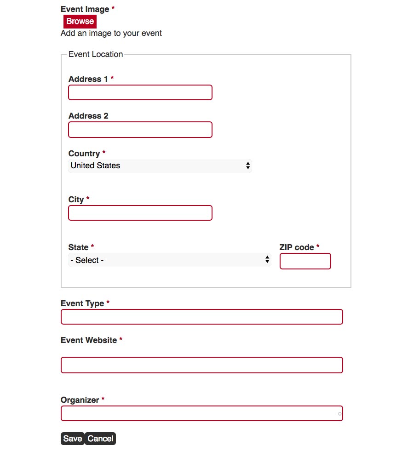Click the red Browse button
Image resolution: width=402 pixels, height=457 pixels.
80,21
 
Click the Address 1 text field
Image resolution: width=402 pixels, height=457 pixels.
140,92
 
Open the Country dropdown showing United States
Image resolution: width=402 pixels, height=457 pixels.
160,166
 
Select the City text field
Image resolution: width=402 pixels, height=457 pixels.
140,213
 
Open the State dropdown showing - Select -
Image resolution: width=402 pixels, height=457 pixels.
170,260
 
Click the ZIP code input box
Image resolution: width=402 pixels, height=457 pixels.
305,261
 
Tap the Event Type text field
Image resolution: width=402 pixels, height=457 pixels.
202,317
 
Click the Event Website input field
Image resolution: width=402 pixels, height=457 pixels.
202,365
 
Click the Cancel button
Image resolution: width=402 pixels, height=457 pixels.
100,439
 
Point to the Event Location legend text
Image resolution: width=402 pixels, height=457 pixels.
96,54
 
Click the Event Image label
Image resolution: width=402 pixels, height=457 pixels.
85,9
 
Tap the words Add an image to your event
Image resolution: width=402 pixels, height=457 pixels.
111,33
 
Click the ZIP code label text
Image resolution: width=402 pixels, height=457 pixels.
297,247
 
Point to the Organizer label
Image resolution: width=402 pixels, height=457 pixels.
80,400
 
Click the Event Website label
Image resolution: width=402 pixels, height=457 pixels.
89,340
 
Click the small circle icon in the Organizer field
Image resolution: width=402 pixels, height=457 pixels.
340,414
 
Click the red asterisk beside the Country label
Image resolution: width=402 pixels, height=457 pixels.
104,153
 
